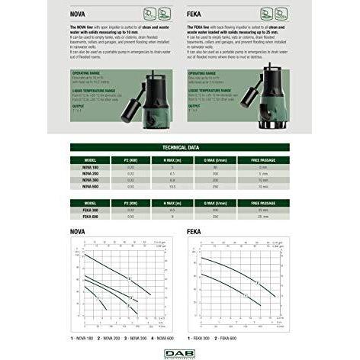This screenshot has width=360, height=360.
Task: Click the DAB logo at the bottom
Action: pos(181,351)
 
